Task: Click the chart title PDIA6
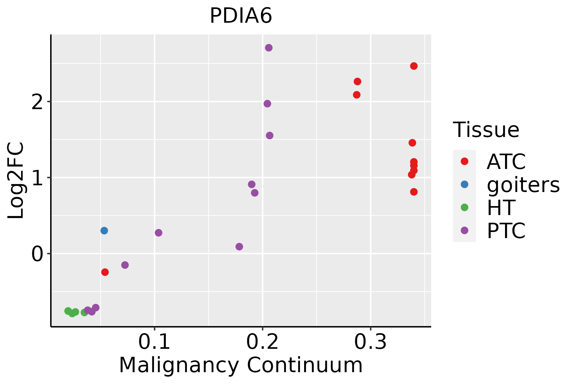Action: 241,16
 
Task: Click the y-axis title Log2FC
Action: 16,180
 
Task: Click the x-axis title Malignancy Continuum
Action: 241,365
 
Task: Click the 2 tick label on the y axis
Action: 37,102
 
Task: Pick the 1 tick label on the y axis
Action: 37,178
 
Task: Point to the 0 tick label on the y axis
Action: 37,254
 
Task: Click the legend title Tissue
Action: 486,130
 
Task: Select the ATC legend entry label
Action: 506,162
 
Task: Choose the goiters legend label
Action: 523,185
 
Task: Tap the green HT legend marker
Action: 464,207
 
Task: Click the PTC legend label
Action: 506,231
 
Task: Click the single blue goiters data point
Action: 104,230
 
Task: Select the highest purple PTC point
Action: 269,48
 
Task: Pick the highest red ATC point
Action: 414,66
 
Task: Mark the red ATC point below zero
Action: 105,272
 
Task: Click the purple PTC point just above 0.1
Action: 158,233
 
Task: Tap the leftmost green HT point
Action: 68,311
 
